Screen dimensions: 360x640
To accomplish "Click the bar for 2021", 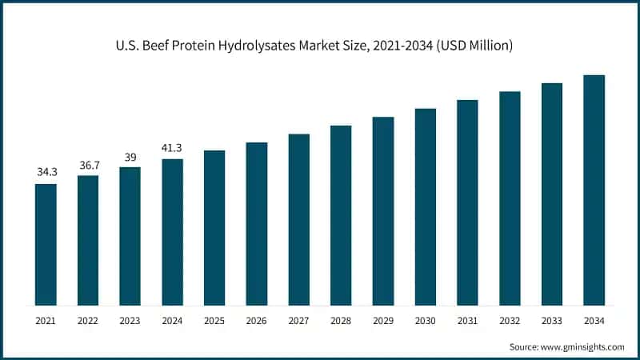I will pyautogui.click(x=46, y=244).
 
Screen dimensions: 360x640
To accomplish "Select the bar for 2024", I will pyautogui.click(x=172, y=232).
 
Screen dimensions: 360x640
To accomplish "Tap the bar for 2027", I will pyautogui.click(x=298, y=219).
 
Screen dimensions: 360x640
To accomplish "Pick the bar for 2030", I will pyautogui.click(x=425, y=206).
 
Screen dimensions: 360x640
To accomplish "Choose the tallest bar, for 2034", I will pyautogui.click(x=594, y=190).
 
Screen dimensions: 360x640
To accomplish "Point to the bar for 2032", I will pyautogui.click(x=510, y=198).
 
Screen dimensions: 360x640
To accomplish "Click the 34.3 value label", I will pyautogui.click(x=46, y=172).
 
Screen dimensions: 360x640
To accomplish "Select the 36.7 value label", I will pyautogui.click(x=88, y=163).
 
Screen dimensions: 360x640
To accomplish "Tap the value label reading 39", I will pyautogui.click(x=130, y=155).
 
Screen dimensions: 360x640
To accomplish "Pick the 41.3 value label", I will pyautogui.click(x=172, y=147).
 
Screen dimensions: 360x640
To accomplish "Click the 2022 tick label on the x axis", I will pyautogui.click(x=88, y=320).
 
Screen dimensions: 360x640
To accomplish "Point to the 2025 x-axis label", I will pyautogui.click(x=214, y=320).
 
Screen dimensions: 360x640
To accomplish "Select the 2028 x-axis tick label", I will pyautogui.click(x=341, y=320).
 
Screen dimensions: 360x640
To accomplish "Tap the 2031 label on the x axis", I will pyautogui.click(x=467, y=320).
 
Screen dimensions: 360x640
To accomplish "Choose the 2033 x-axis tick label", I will pyautogui.click(x=551, y=320).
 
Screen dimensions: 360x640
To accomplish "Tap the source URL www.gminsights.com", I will pyautogui.click(x=585, y=346).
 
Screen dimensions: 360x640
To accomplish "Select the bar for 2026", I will pyautogui.click(x=256, y=223).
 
